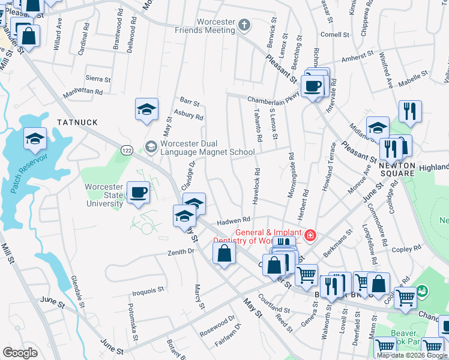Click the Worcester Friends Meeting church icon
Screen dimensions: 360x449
(244, 25)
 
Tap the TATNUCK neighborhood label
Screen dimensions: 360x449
(77, 122)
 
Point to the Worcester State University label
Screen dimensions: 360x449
(104, 195)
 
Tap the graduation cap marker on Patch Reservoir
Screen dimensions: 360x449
(35, 139)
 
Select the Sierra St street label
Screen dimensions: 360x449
(98, 79)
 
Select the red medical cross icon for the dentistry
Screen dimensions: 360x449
(310, 235)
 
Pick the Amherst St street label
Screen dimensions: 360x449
(357, 59)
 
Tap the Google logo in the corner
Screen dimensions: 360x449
(20, 353)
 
